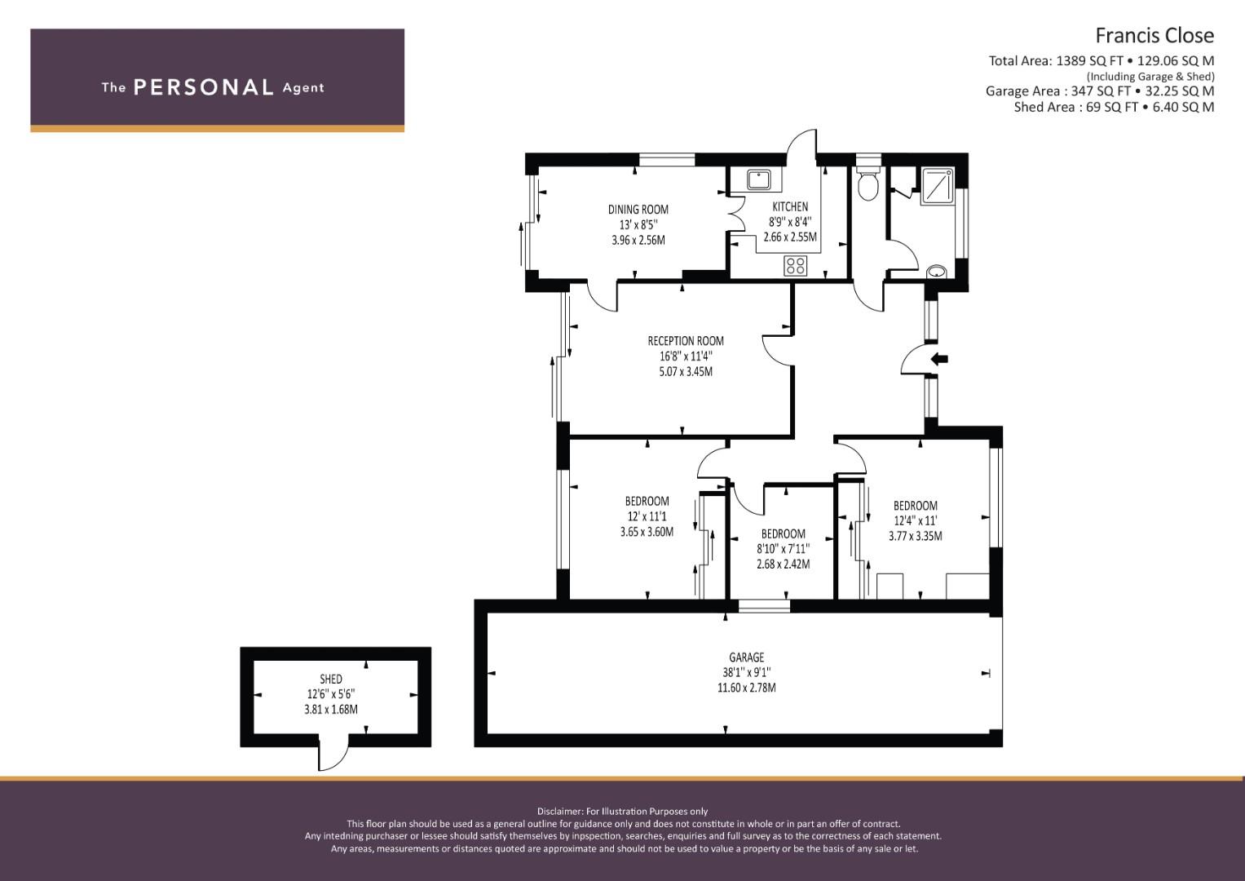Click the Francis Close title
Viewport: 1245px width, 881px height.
1154,36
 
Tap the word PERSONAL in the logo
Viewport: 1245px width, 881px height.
204,87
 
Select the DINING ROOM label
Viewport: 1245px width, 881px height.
638,210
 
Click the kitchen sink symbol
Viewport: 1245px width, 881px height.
758,179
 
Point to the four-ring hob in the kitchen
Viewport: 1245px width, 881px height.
796,265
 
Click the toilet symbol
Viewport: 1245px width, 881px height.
868,180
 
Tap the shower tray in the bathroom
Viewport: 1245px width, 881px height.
938,186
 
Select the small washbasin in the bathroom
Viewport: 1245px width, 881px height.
937,272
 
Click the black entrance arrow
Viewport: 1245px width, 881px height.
939,359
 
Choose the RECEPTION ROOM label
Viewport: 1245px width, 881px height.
686,341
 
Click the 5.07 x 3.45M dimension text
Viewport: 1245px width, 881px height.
686,371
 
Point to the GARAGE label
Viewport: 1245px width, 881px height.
747,657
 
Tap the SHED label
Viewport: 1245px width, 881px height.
331,679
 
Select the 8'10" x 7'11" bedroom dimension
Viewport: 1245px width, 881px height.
784,549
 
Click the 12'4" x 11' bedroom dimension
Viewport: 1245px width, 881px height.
915,521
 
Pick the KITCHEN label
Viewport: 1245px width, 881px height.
790,207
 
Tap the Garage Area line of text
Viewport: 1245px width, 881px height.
1100,91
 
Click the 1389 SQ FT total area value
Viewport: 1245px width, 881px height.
1089,60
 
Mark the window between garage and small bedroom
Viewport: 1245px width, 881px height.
764,606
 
